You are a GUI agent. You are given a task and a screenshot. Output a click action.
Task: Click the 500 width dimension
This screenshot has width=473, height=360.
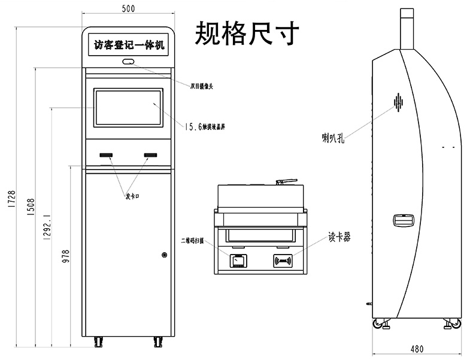(128, 8)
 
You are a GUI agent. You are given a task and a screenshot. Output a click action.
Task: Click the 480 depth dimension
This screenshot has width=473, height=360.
(417, 349)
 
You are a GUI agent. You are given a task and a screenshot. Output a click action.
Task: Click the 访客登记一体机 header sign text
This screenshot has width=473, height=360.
(128, 45)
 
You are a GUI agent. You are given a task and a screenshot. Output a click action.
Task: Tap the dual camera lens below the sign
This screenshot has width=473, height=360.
(128, 61)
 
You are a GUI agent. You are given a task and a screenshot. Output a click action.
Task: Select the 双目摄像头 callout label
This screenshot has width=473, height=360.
(202, 86)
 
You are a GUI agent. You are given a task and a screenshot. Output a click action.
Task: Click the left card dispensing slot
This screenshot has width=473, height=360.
(107, 156)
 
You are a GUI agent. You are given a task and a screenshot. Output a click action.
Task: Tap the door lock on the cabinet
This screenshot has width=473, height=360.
(164, 255)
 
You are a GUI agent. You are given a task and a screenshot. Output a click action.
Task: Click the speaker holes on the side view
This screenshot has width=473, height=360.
(398, 102)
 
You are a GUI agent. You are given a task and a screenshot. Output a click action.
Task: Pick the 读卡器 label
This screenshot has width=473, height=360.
(339, 237)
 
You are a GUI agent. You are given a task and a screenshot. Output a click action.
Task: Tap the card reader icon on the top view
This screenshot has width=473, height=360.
(283, 261)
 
